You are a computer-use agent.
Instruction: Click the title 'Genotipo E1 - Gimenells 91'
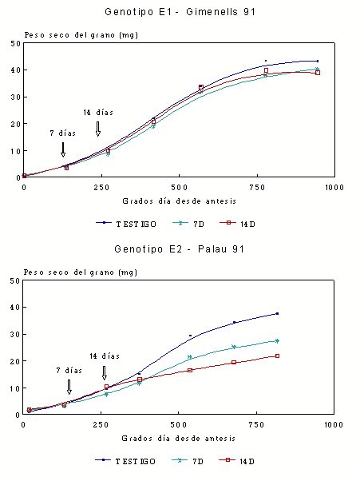[180, 12]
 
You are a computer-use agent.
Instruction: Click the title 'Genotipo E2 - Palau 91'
[180, 249]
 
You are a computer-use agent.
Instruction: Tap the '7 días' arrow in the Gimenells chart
[63, 149]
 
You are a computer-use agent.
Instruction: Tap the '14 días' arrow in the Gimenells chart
[98, 129]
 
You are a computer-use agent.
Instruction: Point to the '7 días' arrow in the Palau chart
[69, 387]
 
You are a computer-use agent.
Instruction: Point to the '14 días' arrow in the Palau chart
[105, 372]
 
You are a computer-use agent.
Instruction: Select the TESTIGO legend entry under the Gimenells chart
[126, 224]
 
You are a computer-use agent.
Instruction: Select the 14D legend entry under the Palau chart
[236, 461]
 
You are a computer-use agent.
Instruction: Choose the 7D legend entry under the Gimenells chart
[188, 224]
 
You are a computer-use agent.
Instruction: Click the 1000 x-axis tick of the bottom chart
[334, 425]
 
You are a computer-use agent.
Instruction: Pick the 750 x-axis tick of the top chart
[257, 188]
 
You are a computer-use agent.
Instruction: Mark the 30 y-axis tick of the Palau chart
[15, 334]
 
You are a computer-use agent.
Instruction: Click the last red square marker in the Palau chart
[277, 356]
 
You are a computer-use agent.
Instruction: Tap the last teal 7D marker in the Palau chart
[277, 341]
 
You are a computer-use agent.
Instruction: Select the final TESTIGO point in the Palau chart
[277, 314]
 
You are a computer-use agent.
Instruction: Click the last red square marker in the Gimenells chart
[318, 73]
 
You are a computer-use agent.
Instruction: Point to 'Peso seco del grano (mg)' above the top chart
[81, 35]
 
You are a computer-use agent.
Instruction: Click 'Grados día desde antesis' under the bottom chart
[179, 439]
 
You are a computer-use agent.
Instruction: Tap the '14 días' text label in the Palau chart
[105, 356]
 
